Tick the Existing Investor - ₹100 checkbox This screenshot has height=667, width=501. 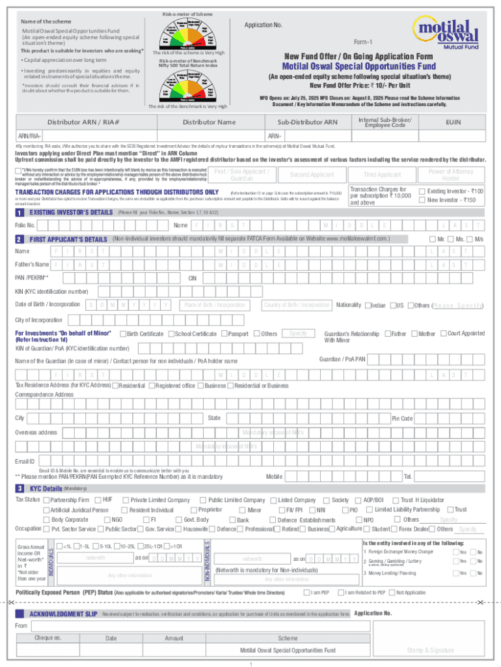(x=422, y=191)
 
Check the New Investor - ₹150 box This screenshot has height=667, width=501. (x=422, y=200)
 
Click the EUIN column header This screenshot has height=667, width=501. (x=454, y=122)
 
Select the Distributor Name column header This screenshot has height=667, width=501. (x=209, y=122)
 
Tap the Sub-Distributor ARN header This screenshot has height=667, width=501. (x=308, y=122)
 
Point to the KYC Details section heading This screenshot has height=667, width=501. (x=46, y=489)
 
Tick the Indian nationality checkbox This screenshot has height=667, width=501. (x=368, y=305)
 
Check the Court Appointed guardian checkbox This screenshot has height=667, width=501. (x=443, y=334)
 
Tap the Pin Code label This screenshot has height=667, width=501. (x=402, y=418)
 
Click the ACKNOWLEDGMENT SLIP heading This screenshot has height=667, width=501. (x=64, y=614)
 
